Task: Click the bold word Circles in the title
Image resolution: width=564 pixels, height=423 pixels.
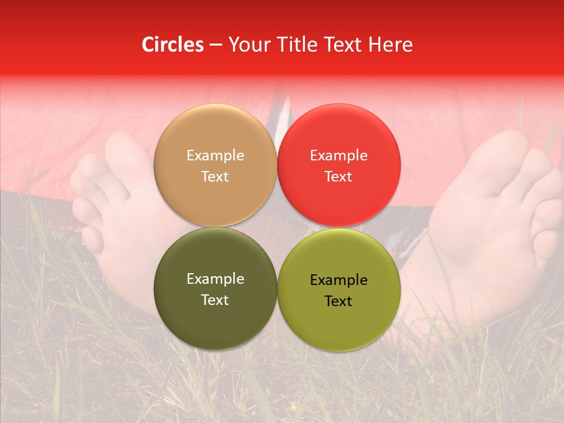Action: coord(173,45)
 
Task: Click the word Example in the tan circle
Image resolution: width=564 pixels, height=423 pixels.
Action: coord(215,156)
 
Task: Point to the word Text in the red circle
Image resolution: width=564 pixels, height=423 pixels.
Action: coord(338,177)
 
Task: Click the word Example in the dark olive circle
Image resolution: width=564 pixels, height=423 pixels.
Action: coord(215,279)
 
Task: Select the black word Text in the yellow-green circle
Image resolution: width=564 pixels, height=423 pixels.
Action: coord(338,301)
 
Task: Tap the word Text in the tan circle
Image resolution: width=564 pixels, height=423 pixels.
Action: coord(215,177)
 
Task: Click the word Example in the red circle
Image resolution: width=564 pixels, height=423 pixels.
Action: coord(338,156)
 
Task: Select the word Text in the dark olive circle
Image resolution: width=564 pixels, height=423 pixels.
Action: coord(215,300)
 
